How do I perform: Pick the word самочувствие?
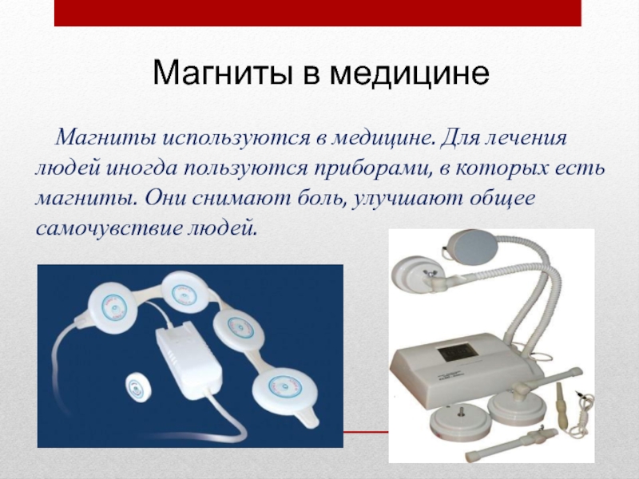(x=109, y=228)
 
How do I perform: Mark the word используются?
(x=236, y=138)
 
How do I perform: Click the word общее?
(x=502, y=199)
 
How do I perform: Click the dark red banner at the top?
(x=317, y=13)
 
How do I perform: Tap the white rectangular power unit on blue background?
(x=189, y=360)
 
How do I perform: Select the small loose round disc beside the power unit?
(x=138, y=387)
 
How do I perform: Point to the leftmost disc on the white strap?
(x=113, y=309)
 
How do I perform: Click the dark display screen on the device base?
(x=456, y=350)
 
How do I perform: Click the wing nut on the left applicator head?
(x=430, y=274)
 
